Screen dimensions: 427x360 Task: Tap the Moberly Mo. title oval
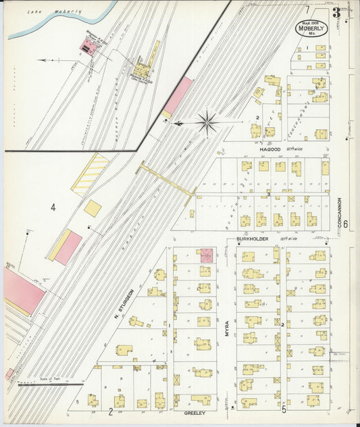coord(312,30)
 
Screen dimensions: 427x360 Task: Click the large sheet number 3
coord(335,11)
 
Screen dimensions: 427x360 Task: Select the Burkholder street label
coord(253,239)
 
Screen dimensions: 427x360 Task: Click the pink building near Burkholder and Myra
coord(205,255)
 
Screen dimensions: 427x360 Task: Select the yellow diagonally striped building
coord(91,174)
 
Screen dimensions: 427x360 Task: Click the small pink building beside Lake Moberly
coord(87,45)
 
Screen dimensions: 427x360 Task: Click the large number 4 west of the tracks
coord(53,207)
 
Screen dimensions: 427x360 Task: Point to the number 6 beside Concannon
coord(344,224)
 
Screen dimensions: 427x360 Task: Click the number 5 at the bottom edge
coord(284,409)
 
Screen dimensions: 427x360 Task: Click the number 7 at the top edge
coord(307,9)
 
